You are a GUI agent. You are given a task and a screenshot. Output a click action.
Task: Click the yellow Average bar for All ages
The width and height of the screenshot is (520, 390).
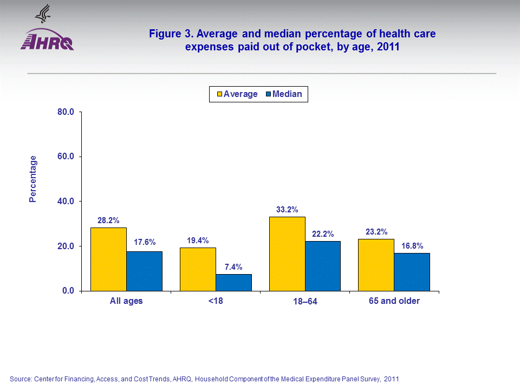click(x=108, y=259)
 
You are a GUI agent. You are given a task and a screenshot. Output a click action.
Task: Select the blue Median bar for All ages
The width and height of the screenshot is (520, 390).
click(x=144, y=271)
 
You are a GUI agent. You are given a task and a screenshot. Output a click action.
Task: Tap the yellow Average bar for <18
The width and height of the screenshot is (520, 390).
click(x=198, y=269)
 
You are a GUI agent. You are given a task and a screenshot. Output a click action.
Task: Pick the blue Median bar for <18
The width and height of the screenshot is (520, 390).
click(x=233, y=282)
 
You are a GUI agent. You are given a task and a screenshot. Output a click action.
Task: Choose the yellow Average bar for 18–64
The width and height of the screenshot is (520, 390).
click(x=287, y=253)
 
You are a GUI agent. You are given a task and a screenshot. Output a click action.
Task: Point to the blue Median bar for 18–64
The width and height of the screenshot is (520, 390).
click(x=323, y=266)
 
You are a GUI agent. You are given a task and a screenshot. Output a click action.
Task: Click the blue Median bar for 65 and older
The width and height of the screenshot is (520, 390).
click(x=412, y=272)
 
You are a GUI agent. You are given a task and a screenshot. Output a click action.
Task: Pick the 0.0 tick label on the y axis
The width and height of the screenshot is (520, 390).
click(x=68, y=291)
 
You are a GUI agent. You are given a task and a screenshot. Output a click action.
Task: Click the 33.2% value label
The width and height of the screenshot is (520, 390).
click(x=287, y=210)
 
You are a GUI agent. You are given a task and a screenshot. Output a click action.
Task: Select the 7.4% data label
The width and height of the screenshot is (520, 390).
click(x=233, y=267)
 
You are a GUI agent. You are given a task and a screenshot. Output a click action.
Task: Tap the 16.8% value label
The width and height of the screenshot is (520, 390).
click(x=412, y=246)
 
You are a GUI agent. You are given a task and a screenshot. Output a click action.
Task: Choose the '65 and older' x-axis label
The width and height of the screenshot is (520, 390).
click(x=394, y=301)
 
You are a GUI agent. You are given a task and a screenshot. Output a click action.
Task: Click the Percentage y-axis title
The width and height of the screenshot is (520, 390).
click(x=33, y=179)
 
